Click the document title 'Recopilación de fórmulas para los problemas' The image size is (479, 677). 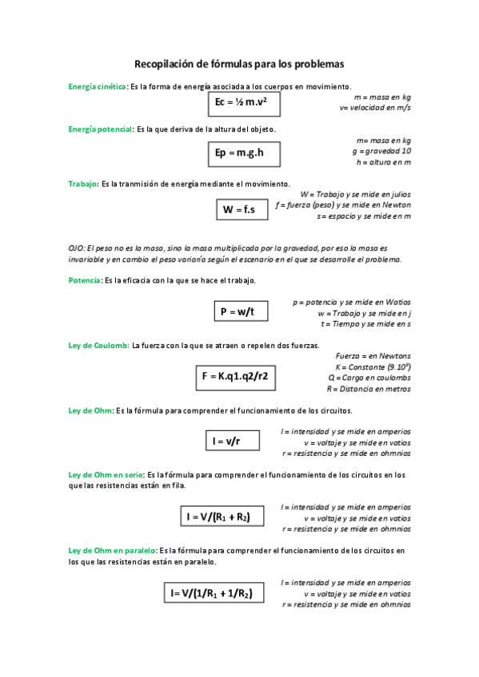pyautogui.click(x=239, y=63)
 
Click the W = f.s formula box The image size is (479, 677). pyautogui.click(x=239, y=209)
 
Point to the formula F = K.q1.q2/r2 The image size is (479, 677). pyautogui.click(x=235, y=377)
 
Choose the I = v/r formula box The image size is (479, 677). pyautogui.click(x=226, y=441)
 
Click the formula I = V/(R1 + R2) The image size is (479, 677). pyautogui.click(x=218, y=517)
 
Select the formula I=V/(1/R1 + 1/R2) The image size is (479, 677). pyautogui.click(x=212, y=593)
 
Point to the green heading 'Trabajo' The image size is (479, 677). pyautogui.click(x=82, y=184)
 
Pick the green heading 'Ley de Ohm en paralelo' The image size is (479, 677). pyautogui.click(x=112, y=551)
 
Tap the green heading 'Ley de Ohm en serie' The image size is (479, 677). pyautogui.click(x=105, y=475)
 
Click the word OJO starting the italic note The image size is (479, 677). pyautogui.click(x=77, y=249)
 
